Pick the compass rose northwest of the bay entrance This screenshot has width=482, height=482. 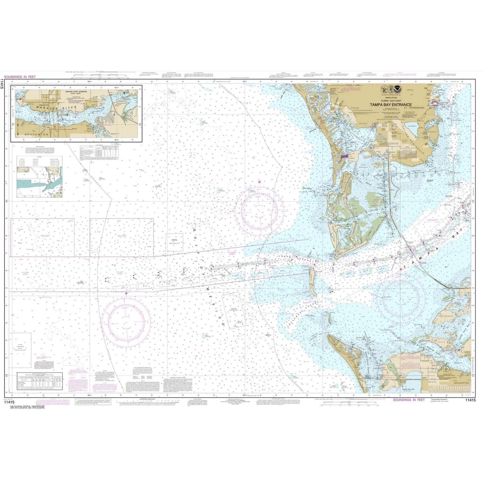259,209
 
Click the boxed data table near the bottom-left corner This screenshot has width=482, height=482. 41,380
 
